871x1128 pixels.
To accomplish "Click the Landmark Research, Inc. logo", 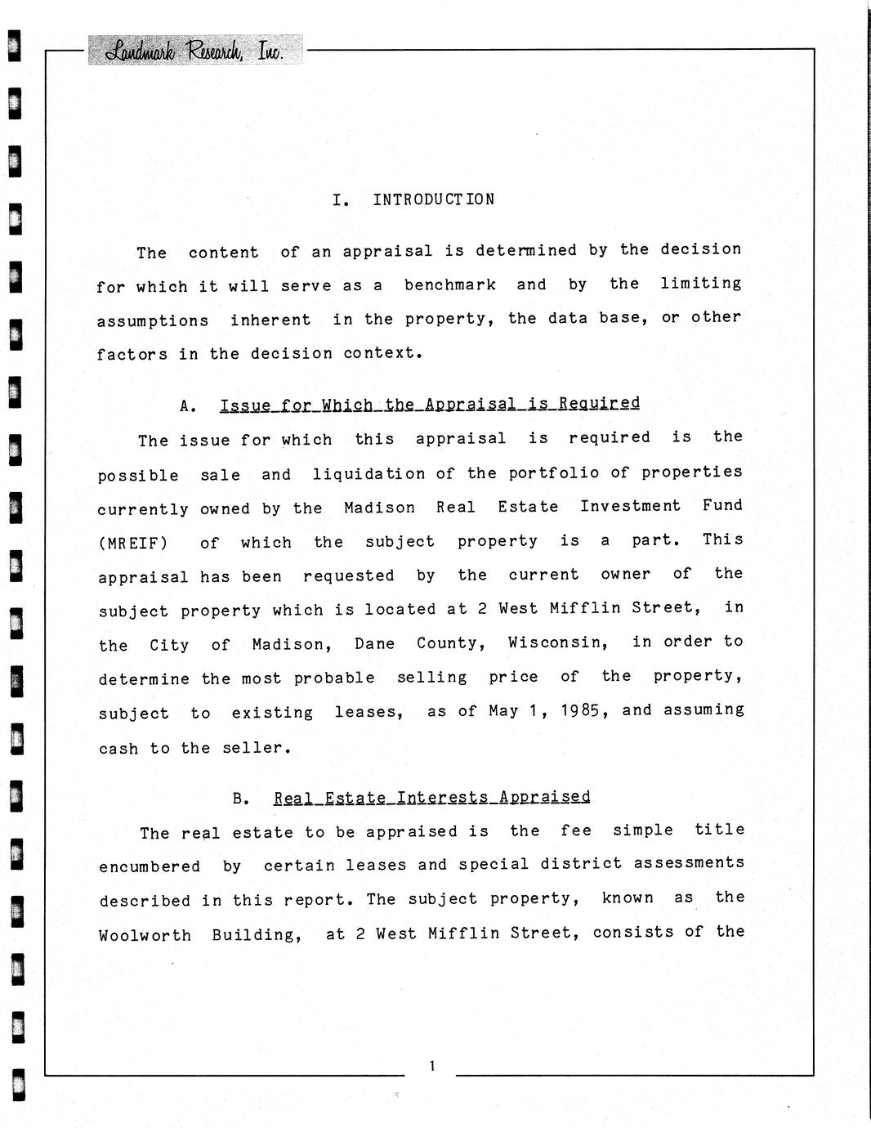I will (194, 51).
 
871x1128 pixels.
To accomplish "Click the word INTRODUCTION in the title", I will (433, 199).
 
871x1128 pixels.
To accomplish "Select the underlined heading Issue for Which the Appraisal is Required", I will (430, 404).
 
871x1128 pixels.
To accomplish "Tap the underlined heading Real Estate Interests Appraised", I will (431, 797).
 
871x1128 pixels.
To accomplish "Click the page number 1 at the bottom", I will (431, 1065).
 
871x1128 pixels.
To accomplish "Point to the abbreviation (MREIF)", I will (132, 543).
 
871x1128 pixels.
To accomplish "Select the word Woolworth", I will (145, 935).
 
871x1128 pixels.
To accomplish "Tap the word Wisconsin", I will (557, 642).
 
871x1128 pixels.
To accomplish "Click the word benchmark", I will (450, 284).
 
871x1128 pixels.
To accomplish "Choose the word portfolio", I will (554, 473).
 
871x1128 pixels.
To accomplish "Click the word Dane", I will (374, 643).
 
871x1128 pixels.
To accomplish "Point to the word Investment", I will (630, 506).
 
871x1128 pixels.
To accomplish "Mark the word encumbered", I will (150, 866).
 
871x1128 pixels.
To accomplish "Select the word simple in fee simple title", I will (643, 830).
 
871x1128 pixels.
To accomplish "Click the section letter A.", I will (187, 405).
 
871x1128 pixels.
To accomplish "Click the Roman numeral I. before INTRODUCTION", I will (341, 200).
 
